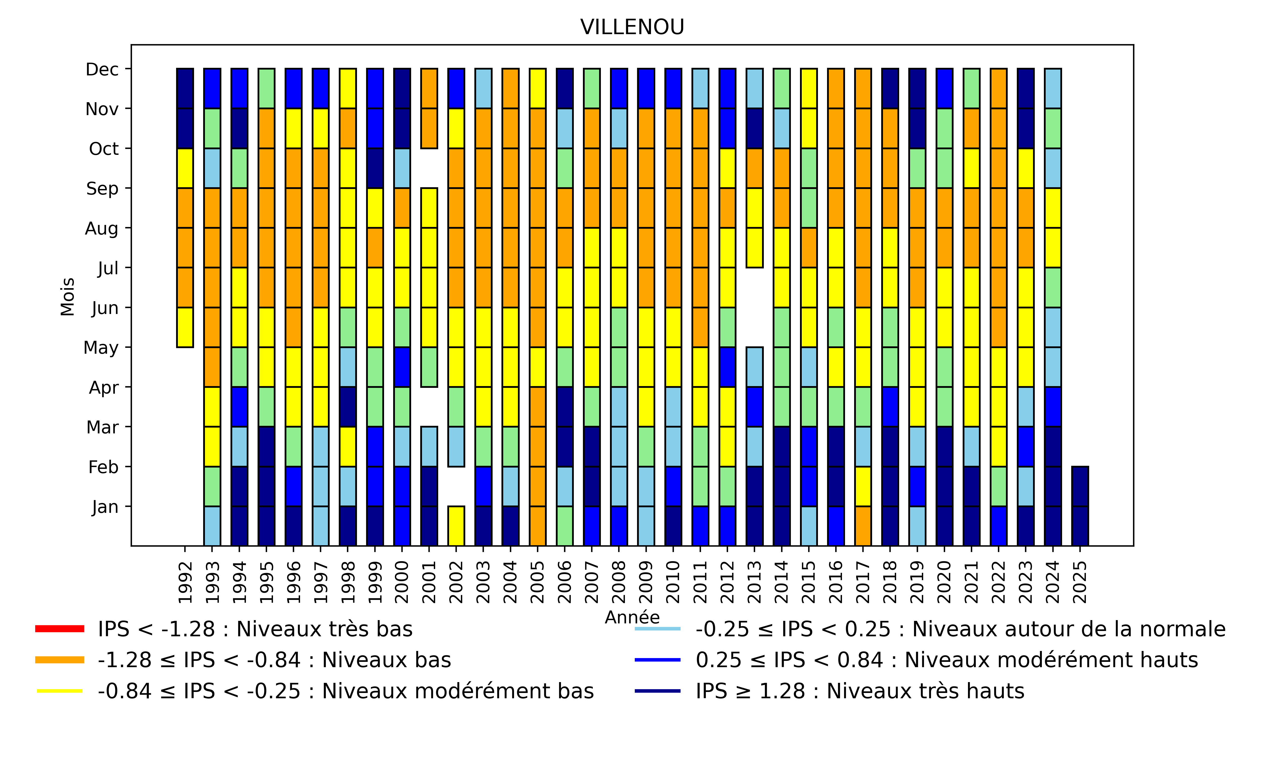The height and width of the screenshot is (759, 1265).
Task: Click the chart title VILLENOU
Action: pos(632,27)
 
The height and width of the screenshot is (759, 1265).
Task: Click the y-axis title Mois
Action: pos(68,297)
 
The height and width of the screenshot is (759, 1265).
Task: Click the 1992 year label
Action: pos(185,582)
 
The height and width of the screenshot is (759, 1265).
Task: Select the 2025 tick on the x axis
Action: pos(1080,582)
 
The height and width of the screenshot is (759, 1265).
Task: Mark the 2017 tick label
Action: pos(863,582)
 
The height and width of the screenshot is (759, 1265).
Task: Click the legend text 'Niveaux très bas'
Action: pos(255,629)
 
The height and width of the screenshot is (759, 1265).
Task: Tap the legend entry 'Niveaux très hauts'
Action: pos(860,691)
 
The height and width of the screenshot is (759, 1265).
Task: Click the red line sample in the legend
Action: pos(59,629)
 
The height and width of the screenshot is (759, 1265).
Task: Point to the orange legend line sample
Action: pos(59,660)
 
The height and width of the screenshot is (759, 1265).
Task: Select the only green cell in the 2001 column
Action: pos(429,367)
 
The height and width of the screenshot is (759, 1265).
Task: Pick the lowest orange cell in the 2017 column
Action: pos(863,526)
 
